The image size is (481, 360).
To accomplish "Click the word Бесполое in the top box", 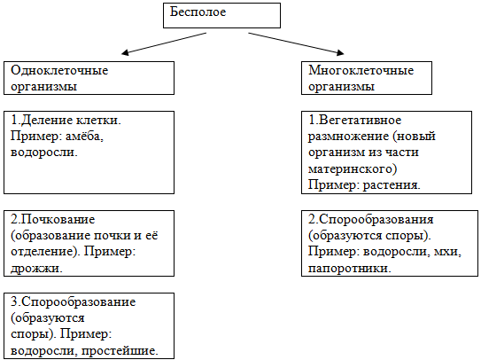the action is (x=198, y=12).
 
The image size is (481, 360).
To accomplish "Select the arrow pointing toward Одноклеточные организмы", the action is (x=164, y=43).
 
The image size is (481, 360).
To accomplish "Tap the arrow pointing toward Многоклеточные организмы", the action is (x=296, y=43).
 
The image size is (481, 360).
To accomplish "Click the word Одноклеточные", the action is (x=59, y=71).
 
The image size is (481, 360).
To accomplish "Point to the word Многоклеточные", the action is (x=361, y=71).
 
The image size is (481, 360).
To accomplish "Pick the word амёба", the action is (x=85, y=136).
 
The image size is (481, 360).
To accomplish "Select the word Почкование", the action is (x=58, y=220).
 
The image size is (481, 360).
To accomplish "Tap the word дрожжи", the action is (x=36, y=268).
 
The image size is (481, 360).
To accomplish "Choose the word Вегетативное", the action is (x=361, y=120).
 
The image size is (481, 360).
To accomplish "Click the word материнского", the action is (x=350, y=169).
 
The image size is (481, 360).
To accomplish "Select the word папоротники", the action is (x=350, y=268).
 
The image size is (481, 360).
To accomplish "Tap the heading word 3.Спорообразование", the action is (x=74, y=302).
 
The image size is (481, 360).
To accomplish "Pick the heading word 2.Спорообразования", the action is (x=371, y=220).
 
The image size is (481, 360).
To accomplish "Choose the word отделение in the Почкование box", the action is (x=45, y=252).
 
